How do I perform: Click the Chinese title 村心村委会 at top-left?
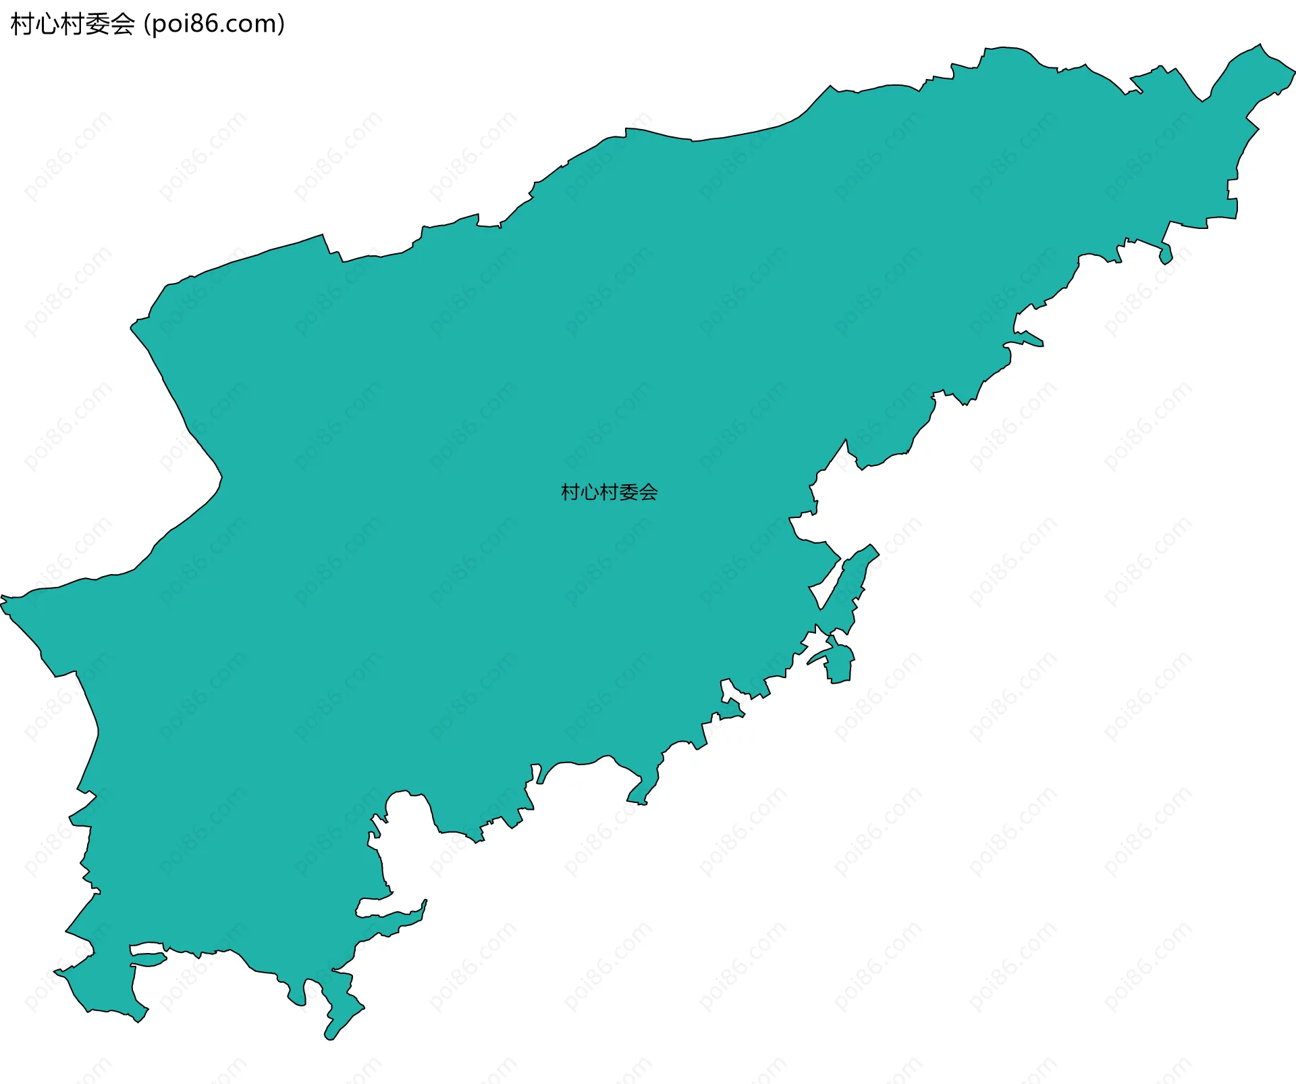point(73,24)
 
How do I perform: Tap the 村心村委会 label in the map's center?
point(609,492)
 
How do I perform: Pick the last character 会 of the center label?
point(649,492)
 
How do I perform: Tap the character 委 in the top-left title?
point(97,24)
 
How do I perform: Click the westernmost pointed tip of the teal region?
point(3,598)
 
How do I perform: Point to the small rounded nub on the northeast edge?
point(1166,257)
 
